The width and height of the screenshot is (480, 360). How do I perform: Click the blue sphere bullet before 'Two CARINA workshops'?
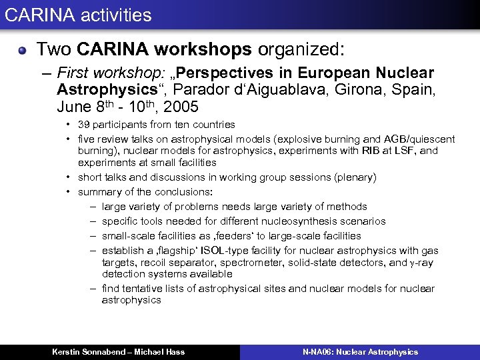[x=23, y=50]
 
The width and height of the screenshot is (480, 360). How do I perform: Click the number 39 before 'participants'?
[x=84, y=125]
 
